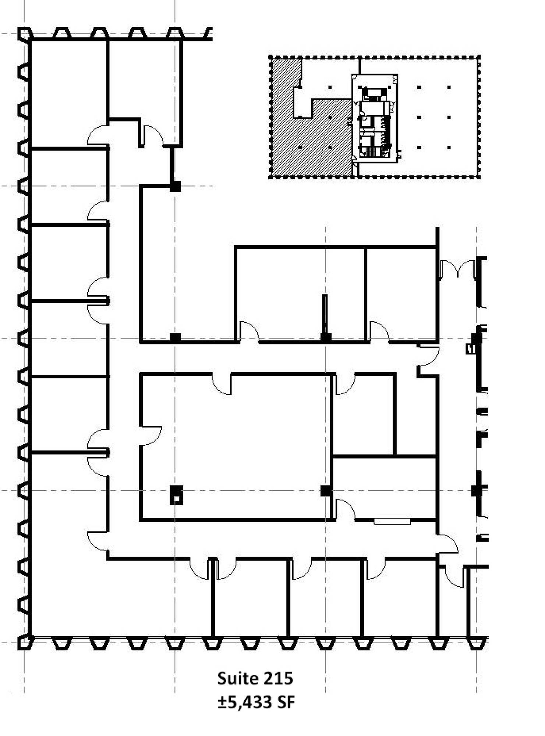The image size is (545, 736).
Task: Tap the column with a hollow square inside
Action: (176, 495)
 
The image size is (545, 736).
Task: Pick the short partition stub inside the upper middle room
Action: (325, 316)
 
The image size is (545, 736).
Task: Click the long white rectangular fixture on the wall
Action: (392, 521)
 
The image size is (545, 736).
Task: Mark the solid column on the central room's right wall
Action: (325, 491)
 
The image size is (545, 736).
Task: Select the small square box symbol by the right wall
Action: (470, 348)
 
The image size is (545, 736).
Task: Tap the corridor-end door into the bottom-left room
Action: (98, 541)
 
